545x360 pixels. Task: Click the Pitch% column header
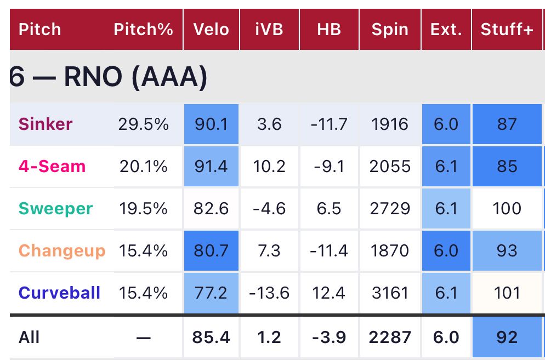(x=143, y=29)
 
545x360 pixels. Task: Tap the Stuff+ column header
(x=507, y=29)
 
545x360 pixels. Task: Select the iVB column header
(x=269, y=29)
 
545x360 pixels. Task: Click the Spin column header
(x=389, y=29)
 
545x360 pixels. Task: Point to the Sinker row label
(x=46, y=124)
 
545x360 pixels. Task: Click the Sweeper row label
(x=55, y=208)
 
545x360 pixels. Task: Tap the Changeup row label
(x=61, y=250)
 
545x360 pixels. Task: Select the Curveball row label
(x=60, y=293)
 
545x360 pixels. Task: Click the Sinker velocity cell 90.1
(x=211, y=124)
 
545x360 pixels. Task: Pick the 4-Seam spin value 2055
(x=389, y=166)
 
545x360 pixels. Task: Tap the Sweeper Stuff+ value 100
(x=507, y=208)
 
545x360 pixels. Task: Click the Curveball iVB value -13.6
(x=269, y=293)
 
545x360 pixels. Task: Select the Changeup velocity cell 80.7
(x=211, y=250)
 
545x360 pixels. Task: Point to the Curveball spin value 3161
(x=389, y=293)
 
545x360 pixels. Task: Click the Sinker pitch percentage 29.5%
(x=143, y=124)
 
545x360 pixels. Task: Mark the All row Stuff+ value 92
(x=507, y=336)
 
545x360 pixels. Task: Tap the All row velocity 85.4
(x=211, y=336)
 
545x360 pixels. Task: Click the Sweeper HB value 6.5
(x=329, y=208)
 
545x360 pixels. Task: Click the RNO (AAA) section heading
(x=109, y=78)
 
